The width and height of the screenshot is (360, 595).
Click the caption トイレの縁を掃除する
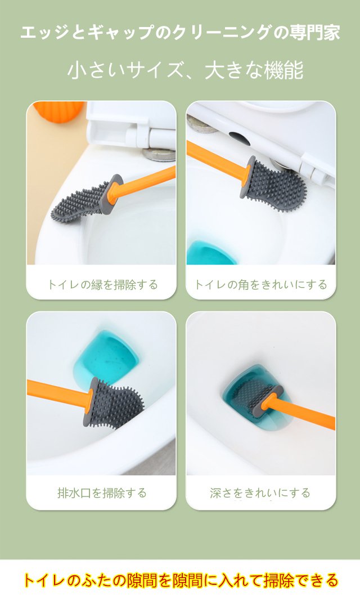102,285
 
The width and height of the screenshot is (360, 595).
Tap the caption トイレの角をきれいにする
260,285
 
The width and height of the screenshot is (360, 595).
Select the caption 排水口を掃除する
102,493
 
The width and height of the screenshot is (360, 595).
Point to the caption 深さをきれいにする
260,493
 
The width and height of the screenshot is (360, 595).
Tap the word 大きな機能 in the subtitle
254,70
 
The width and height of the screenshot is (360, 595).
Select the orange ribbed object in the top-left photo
59,111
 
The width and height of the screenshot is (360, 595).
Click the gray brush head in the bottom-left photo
113,403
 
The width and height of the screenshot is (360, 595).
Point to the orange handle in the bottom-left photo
60,396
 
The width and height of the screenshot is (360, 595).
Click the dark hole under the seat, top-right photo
239,138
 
